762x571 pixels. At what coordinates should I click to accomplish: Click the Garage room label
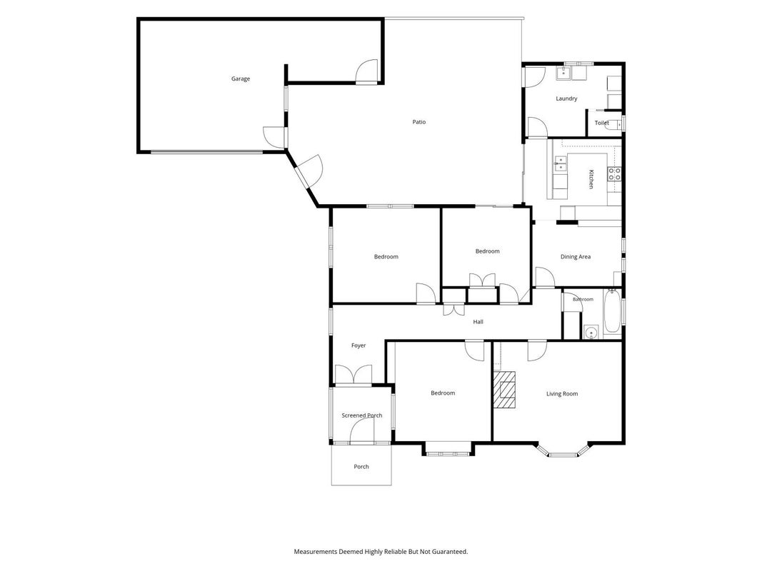(241, 79)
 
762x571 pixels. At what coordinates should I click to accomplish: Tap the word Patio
(419, 122)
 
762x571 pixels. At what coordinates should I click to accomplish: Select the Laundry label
(566, 98)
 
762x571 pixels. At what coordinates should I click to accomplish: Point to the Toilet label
(601, 123)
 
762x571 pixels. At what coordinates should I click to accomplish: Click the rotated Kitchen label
(591, 179)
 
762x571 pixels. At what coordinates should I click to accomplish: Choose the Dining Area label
(576, 257)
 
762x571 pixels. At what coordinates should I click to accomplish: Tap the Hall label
(478, 321)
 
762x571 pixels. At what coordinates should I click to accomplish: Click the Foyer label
(359, 345)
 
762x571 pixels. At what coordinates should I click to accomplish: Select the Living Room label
(562, 394)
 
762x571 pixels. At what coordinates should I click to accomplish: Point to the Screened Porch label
(362, 415)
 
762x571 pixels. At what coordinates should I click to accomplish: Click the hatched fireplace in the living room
(504, 390)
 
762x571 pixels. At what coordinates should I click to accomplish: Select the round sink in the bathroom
(591, 333)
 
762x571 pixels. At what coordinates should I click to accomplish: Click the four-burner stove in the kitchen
(614, 174)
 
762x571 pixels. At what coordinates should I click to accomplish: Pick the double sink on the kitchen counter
(561, 163)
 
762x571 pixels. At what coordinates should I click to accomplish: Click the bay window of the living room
(563, 452)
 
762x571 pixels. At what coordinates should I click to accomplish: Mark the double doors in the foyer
(354, 375)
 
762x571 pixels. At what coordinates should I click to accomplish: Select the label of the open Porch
(361, 467)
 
